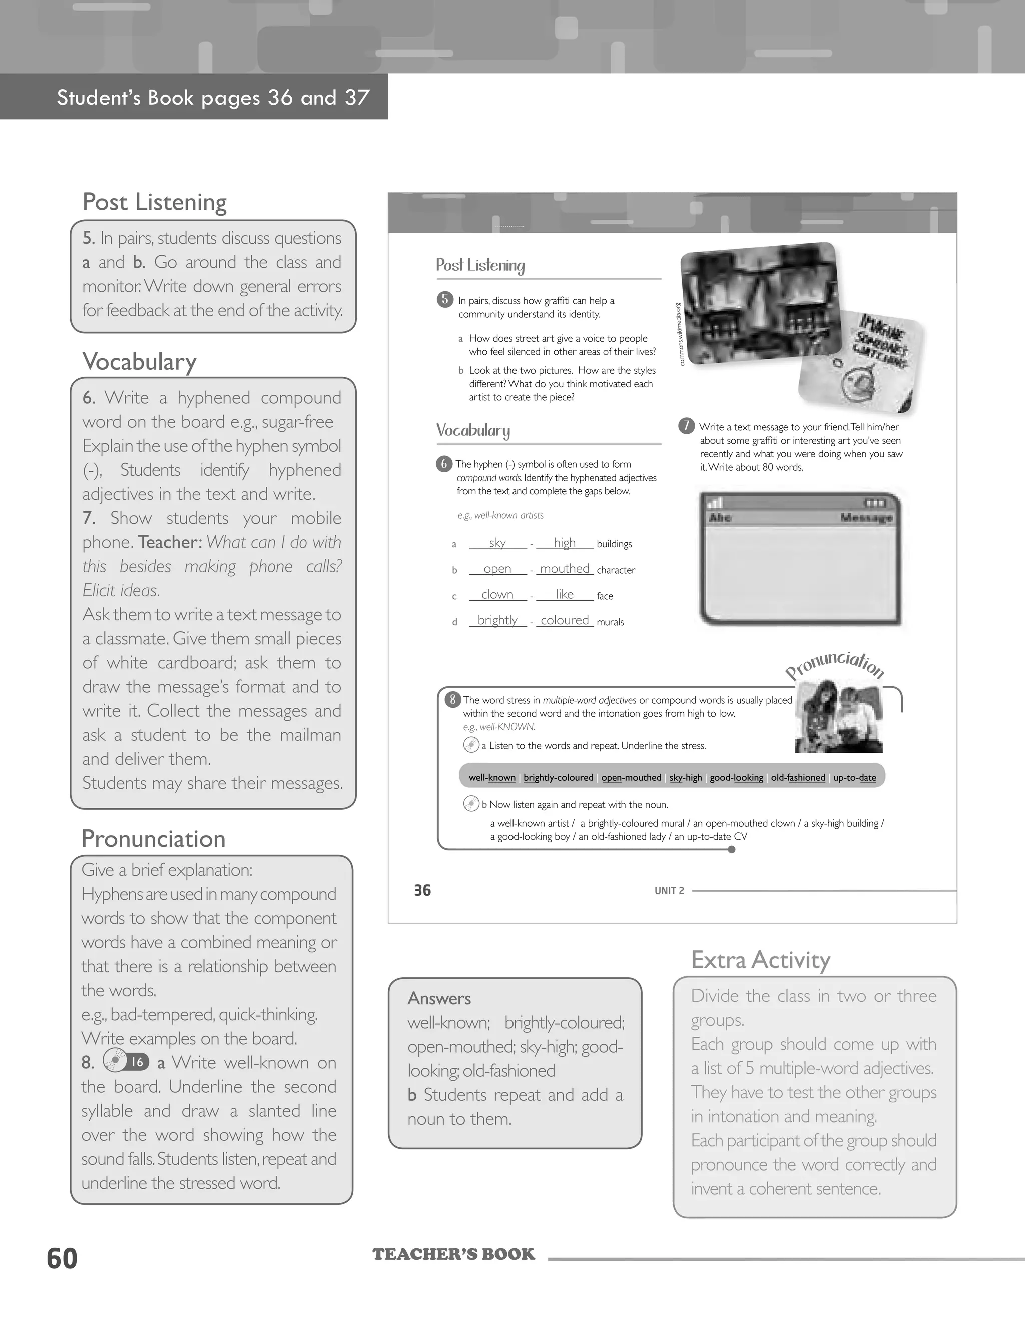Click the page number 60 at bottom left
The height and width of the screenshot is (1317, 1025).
tap(62, 1259)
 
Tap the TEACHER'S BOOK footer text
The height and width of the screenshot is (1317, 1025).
tap(453, 1255)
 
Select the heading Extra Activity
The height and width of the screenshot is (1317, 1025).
tap(760, 960)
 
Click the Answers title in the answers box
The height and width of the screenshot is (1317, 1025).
tap(439, 998)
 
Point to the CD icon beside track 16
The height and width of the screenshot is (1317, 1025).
tap(114, 1061)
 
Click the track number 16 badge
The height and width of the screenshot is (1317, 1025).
tap(138, 1062)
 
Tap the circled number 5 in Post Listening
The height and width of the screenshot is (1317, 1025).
tap(444, 299)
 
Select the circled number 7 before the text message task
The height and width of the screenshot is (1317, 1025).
tap(687, 426)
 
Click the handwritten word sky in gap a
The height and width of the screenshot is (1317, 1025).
tap(497, 543)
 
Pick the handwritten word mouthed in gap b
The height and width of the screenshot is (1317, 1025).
tap(565, 569)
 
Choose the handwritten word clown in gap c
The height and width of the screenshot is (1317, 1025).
tap(497, 595)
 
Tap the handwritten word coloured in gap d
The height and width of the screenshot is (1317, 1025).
tap(565, 621)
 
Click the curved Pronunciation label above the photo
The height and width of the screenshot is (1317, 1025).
tap(835, 665)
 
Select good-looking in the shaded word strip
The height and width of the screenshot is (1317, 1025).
tap(736, 777)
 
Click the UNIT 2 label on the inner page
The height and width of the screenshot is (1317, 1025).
tap(669, 891)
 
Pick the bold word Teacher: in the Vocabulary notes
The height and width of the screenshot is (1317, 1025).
tap(170, 542)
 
